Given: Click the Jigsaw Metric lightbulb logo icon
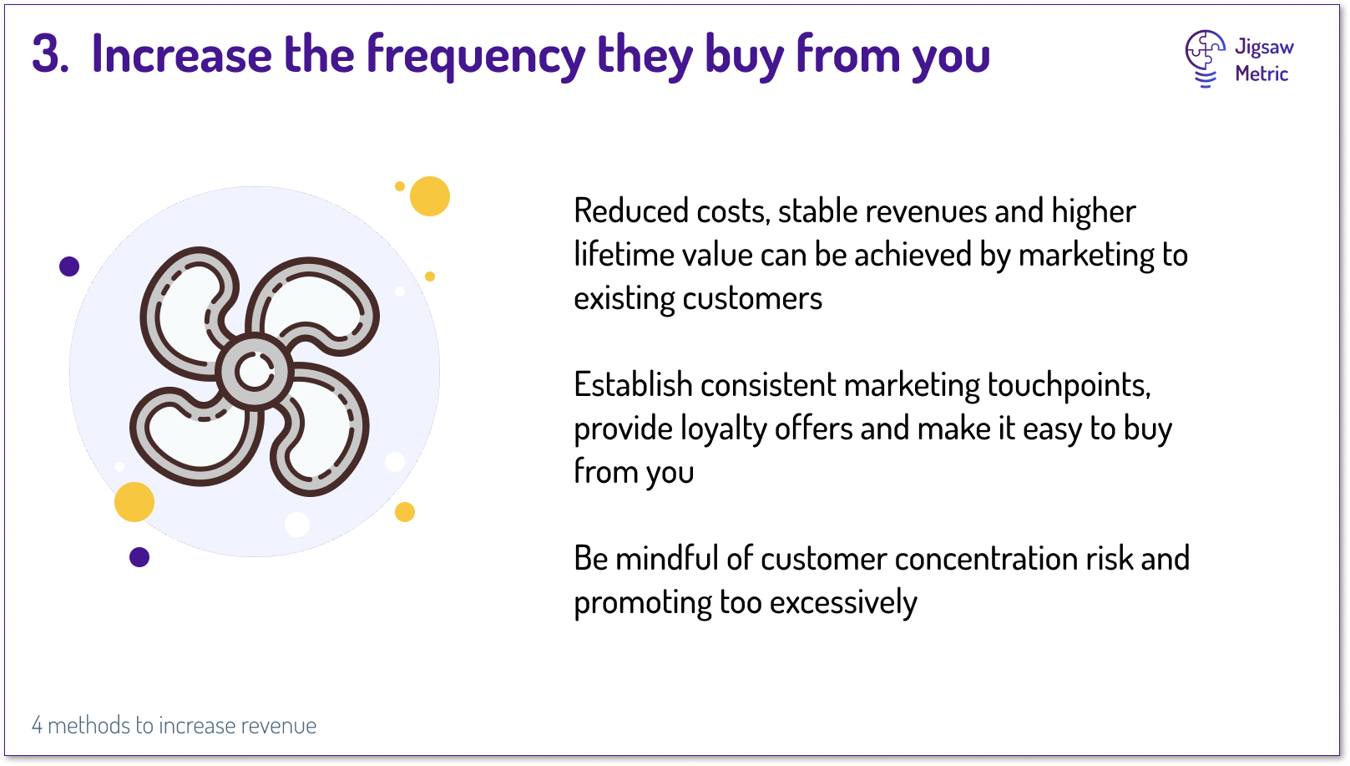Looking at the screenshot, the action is coord(1205,59).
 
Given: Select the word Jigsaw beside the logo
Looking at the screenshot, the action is coord(1264,47).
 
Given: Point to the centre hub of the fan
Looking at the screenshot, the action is coord(255,373).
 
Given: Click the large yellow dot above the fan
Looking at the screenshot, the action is coord(430,196).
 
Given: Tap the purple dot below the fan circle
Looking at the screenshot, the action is coord(139,556).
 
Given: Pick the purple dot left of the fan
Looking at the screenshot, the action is coord(69,266).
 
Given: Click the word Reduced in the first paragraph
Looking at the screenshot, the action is coord(631,211).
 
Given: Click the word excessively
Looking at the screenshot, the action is coord(843,602).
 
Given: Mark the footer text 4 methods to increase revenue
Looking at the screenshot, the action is coord(174,725).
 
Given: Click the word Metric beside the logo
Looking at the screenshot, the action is coord(1262,74).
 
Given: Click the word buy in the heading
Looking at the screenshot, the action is coord(745,58).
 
